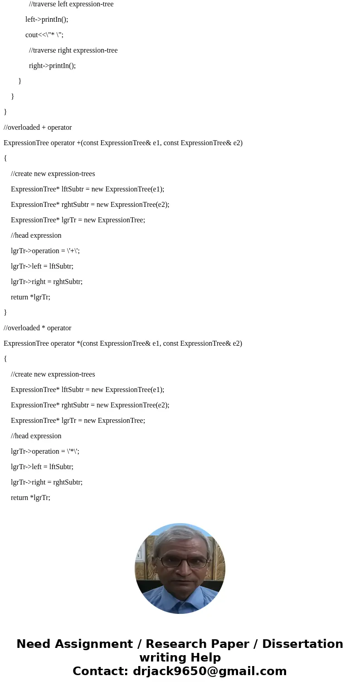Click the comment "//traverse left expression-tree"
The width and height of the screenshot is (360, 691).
tap(71, 4)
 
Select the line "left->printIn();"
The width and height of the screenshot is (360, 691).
tap(47, 20)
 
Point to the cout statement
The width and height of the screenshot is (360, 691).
tap(44, 35)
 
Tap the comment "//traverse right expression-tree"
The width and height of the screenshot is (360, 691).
tap(73, 50)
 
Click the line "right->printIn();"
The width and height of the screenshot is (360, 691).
tap(52, 66)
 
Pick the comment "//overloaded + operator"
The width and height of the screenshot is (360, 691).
tap(38, 127)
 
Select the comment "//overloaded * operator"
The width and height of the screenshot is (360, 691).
tap(38, 328)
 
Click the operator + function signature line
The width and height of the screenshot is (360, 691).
tap(123, 143)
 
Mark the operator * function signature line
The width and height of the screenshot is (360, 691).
tap(123, 343)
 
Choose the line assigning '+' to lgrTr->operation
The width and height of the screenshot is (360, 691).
tap(45, 251)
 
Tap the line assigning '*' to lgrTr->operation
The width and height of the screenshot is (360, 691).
tap(45, 451)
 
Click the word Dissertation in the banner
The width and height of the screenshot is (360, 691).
tap(302, 644)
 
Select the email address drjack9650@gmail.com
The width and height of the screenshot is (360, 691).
tap(209, 671)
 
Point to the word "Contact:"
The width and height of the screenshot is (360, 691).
tap(101, 671)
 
